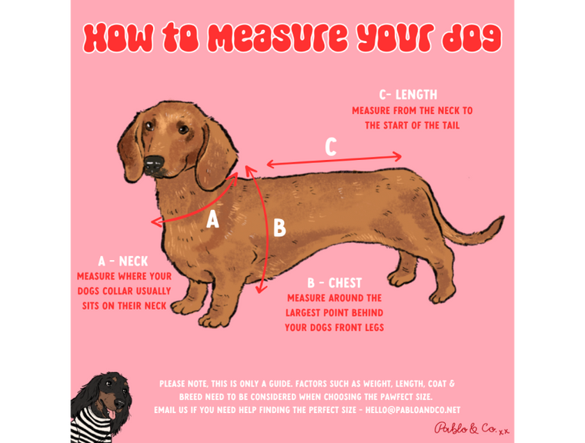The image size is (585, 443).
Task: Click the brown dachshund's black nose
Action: [154, 163]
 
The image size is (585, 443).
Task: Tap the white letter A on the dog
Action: [212, 219]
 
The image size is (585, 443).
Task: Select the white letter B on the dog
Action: [279, 228]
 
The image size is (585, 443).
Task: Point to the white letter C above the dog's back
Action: [331, 147]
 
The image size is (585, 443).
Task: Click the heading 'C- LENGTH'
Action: [408, 95]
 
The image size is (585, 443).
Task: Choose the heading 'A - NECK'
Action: [123, 261]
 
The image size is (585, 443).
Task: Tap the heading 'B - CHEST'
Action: [335, 283]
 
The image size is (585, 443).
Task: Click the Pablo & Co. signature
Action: [472, 428]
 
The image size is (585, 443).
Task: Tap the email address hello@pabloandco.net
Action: [413, 410]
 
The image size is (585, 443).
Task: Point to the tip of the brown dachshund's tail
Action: [502, 218]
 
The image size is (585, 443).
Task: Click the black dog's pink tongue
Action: [112, 413]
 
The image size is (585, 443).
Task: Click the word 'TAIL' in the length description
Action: [450, 125]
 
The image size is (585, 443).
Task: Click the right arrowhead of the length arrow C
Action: [398, 157]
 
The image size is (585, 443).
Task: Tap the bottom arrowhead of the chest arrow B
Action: [262, 288]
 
